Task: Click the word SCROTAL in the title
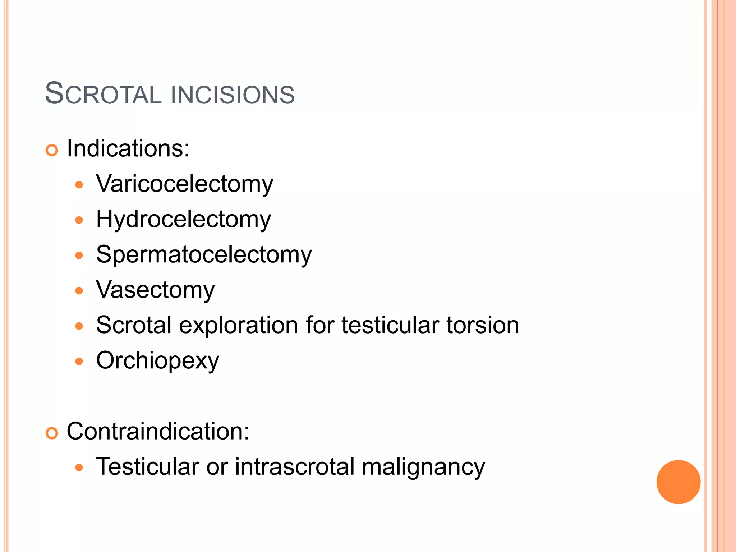103,94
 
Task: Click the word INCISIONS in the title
233,95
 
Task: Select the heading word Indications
128,148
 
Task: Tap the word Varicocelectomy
185,184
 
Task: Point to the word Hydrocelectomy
183,219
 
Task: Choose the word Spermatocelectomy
204,254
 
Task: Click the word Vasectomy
155,290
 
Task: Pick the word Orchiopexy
157,360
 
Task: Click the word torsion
483,325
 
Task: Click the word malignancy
423,467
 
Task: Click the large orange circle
678,482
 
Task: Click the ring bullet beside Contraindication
52,433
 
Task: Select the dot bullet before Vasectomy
79,290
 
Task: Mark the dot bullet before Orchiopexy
79,361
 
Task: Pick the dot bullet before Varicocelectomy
79,185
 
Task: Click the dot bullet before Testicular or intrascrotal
79,468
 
